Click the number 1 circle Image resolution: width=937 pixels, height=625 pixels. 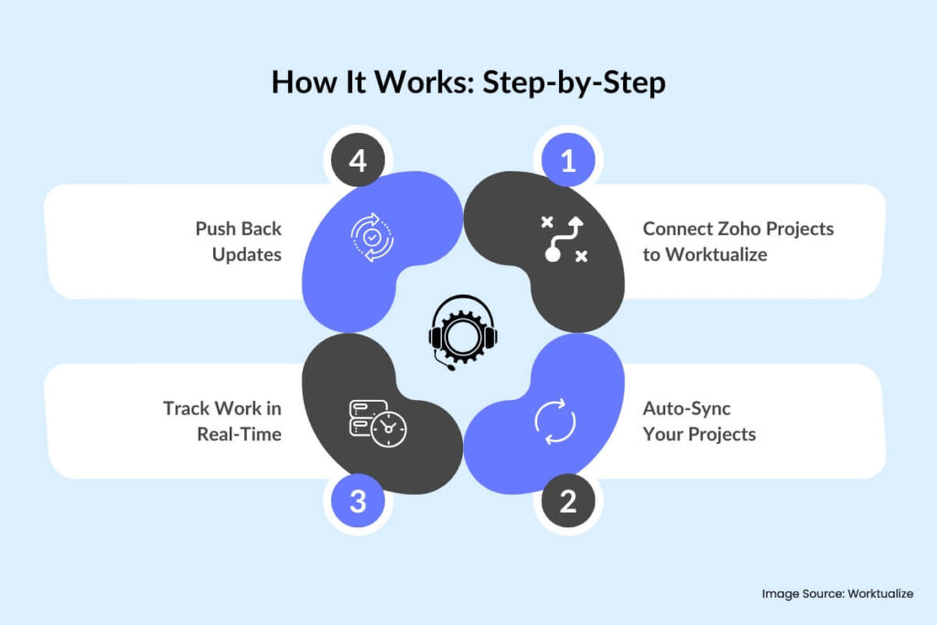568,162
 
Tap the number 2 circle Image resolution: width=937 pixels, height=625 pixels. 568,501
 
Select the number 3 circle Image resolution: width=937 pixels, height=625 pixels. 358,501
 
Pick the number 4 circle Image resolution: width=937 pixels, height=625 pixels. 358,162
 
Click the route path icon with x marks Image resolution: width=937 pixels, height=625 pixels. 562,241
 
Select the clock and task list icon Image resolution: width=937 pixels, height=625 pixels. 378,422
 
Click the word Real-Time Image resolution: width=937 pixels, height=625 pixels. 239,434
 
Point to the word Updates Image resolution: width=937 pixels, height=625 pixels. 246,254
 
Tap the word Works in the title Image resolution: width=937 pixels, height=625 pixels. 407,82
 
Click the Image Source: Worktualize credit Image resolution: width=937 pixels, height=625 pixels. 837,594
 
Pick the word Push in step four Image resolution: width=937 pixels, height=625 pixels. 215,229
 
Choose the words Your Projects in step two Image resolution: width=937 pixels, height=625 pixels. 699,434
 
